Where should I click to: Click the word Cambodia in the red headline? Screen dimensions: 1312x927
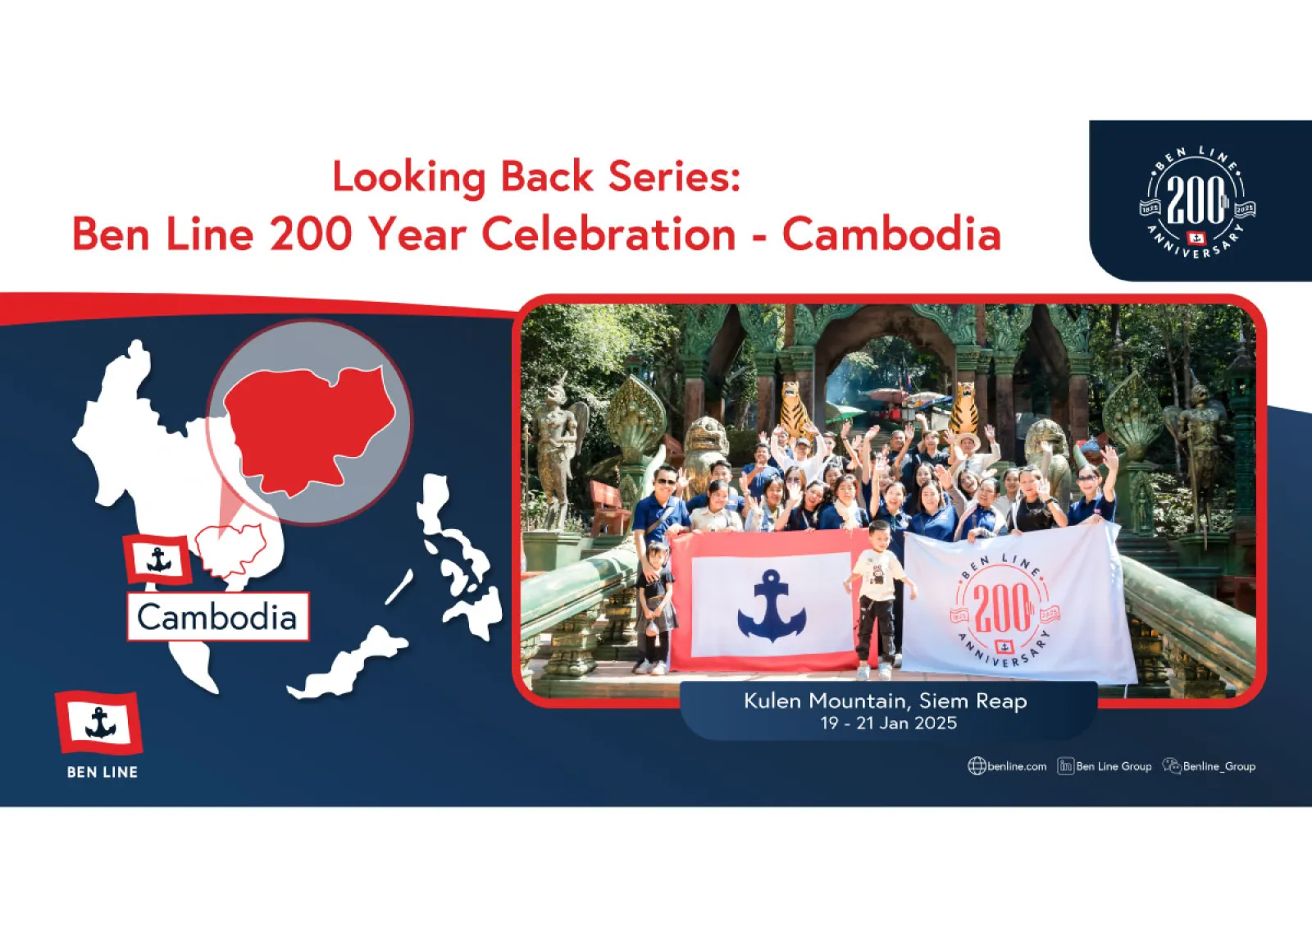(x=891, y=234)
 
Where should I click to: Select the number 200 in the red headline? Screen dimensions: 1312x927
(x=311, y=234)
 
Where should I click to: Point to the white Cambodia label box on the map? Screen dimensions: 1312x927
(x=218, y=616)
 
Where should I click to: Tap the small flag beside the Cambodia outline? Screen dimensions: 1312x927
(x=157, y=559)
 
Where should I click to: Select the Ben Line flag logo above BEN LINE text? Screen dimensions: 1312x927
(x=99, y=723)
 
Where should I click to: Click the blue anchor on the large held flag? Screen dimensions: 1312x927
(x=772, y=605)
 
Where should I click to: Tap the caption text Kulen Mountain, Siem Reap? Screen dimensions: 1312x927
(x=885, y=701)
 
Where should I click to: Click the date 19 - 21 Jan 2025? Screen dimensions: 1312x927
(x=888, y=723)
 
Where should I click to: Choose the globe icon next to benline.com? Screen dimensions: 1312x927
(x=977, y=766)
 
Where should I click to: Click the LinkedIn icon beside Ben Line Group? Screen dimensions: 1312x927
(x=1065, y=766)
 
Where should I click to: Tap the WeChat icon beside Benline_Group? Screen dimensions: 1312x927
(x=1172, y=765)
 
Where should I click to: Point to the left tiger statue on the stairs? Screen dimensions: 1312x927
(x=795, y=410)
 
